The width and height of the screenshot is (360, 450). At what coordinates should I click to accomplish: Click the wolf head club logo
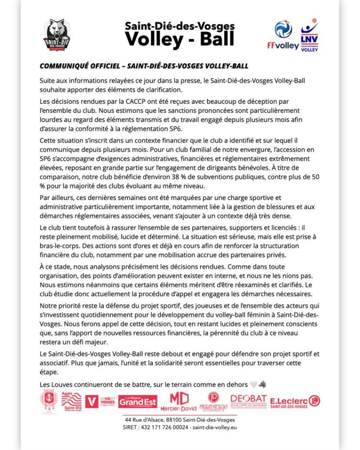[57, 35]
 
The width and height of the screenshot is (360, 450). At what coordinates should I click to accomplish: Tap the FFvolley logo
[283, 35]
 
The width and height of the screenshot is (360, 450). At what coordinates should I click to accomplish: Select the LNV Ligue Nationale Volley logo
[309, 36]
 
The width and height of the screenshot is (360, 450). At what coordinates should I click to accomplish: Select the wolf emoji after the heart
[262, 385]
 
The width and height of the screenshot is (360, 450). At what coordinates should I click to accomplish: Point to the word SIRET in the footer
[131, 427]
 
